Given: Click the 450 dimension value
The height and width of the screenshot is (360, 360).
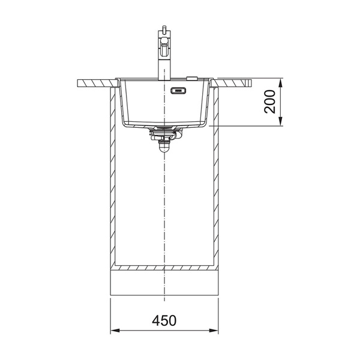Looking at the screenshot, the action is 164,320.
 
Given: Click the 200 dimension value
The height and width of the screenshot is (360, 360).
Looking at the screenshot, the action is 270,101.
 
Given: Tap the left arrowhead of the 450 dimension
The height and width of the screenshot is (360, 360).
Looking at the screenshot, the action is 115,331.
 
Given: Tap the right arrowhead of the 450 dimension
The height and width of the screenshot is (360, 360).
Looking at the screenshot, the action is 214,331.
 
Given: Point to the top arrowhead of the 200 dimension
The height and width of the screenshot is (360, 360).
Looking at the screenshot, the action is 280,83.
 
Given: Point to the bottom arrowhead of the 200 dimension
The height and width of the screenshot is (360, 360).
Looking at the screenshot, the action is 280,121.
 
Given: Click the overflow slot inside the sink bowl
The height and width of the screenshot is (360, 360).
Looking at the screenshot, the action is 178,91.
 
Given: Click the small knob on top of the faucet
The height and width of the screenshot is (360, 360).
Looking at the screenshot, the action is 164,28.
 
